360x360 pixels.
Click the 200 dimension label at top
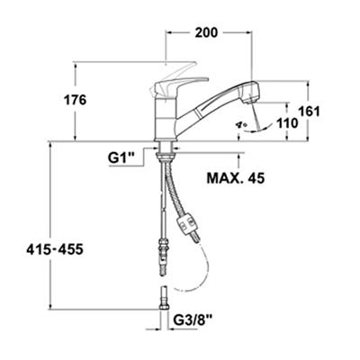pyautogui.click(x=206, y=32)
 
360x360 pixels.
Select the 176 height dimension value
pyautogui.click(x=75, y=100)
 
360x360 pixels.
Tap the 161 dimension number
pyautogui.click(x=309, y=112)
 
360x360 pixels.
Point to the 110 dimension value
pyautogui.click(x=287, y=122)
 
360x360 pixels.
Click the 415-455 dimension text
pyautogui.click(x=55, y=249)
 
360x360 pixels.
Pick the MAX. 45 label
pyautogui.click(x=236, y=178)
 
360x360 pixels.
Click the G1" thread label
pyautogui.click(x=121, y=158)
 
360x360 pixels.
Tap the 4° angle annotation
pyautogui.click(x=241, y=124)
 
